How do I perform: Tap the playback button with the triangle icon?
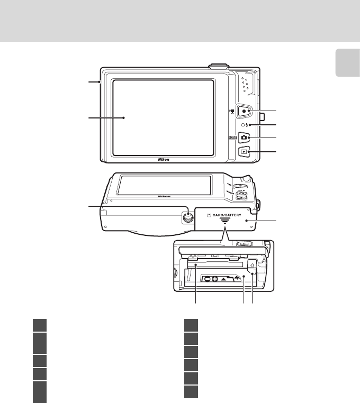(244, 152)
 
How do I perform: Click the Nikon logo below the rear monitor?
(164, 158)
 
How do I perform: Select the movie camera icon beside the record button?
(231, 112)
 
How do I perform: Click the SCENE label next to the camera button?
(231, 138)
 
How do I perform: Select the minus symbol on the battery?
(209, 279)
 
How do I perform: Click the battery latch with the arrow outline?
(253, 266)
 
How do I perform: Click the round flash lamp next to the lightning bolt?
(240, 125)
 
